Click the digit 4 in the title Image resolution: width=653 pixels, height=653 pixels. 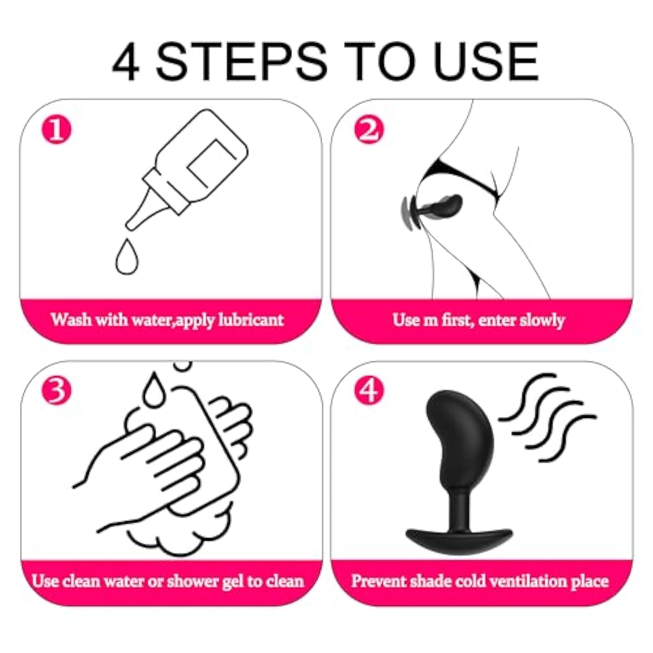pos(126,61)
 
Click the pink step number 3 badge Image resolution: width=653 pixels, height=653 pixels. pos(56,390)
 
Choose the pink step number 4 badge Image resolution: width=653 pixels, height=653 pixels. pos(369,390)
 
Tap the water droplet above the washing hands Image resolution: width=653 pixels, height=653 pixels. pos(155,390)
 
